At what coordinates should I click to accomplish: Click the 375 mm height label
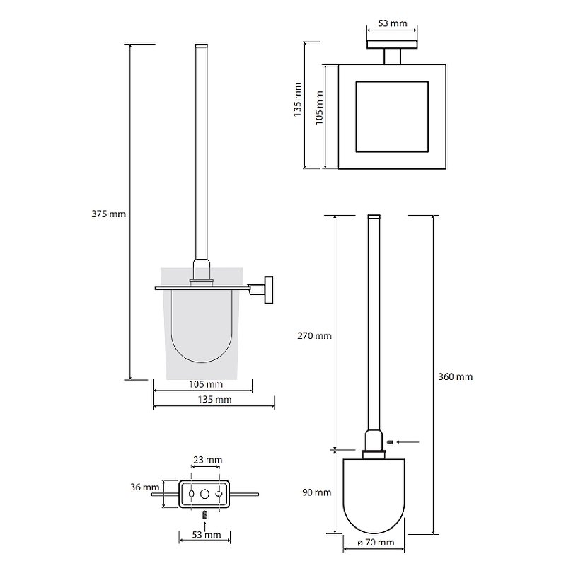[x=109, y=214]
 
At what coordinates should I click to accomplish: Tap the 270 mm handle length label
[x=314, y=336]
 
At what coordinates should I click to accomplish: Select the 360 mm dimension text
[x=456, y=377]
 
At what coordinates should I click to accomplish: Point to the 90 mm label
[x=316, y=492]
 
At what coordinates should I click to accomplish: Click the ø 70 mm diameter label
[x=376, y=542]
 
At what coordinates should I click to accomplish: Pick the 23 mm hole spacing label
[x=207, y=460]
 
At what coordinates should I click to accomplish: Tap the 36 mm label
[x=145, y=487]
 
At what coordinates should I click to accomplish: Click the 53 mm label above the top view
[x=393, y=23]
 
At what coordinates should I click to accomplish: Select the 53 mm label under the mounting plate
[x=207, y=535]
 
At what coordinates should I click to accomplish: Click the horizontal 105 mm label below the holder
[x=206, y=384]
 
